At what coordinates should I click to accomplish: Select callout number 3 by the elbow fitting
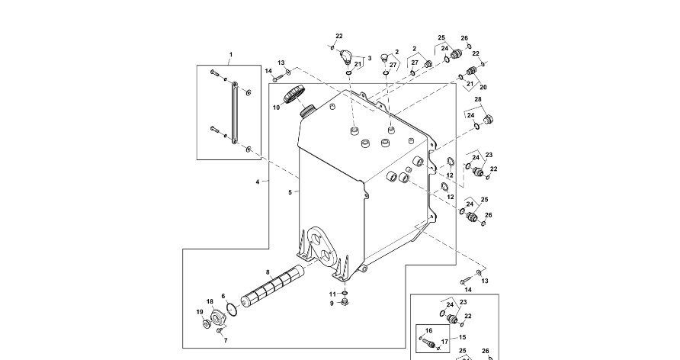click(370, 58)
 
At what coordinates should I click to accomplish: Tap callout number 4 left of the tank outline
click(258, 182)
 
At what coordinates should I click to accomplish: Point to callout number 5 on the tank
click(290, 192)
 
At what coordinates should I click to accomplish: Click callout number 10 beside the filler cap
click(277, 108)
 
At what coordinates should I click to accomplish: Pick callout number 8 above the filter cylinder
click(268, 272)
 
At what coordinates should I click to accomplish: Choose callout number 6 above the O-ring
click(223, 296)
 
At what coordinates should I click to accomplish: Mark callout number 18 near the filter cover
click(210, 301)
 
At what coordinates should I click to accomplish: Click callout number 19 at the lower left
click(200, 312)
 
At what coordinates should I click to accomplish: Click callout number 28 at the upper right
click(478, 99)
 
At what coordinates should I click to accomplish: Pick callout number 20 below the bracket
click(483, 87)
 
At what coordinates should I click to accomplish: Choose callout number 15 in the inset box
click(462, 337)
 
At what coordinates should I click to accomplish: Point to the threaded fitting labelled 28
click(489, 119)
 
